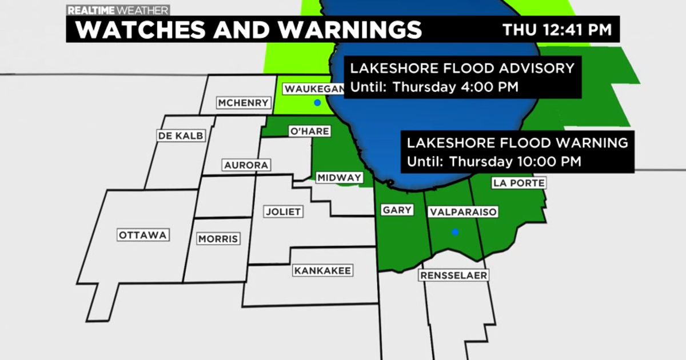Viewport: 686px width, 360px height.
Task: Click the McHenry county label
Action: click(x=243, y=103)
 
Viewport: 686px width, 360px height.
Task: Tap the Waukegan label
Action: click(x=314, y=90)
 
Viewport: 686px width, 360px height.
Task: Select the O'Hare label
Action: click(x=310, y=131)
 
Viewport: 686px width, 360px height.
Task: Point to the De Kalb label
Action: click(x=181, y=135)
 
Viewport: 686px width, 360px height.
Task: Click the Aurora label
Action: click(x=246, y=165)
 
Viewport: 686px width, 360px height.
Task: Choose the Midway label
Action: click(x=340, y=178)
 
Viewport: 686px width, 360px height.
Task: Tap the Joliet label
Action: click(x=282, y=211)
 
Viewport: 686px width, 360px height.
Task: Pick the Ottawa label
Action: click(x=143, y=235)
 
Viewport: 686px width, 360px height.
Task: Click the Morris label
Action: click(x=218, y=239)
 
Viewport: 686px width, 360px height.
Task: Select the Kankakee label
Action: click(x=322, y=270)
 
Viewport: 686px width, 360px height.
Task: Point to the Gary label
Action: click(x=397, y=210)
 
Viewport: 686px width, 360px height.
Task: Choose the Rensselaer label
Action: click(x=454, y=275)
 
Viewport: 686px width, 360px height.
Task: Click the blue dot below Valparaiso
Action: click(x=455, y=232)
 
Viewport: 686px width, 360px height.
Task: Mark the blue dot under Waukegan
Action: click(x=317, y=103)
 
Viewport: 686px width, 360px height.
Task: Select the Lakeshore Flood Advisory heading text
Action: click(x=462, y=69)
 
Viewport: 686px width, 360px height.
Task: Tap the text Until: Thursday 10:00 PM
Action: click(x=494, y=162)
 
